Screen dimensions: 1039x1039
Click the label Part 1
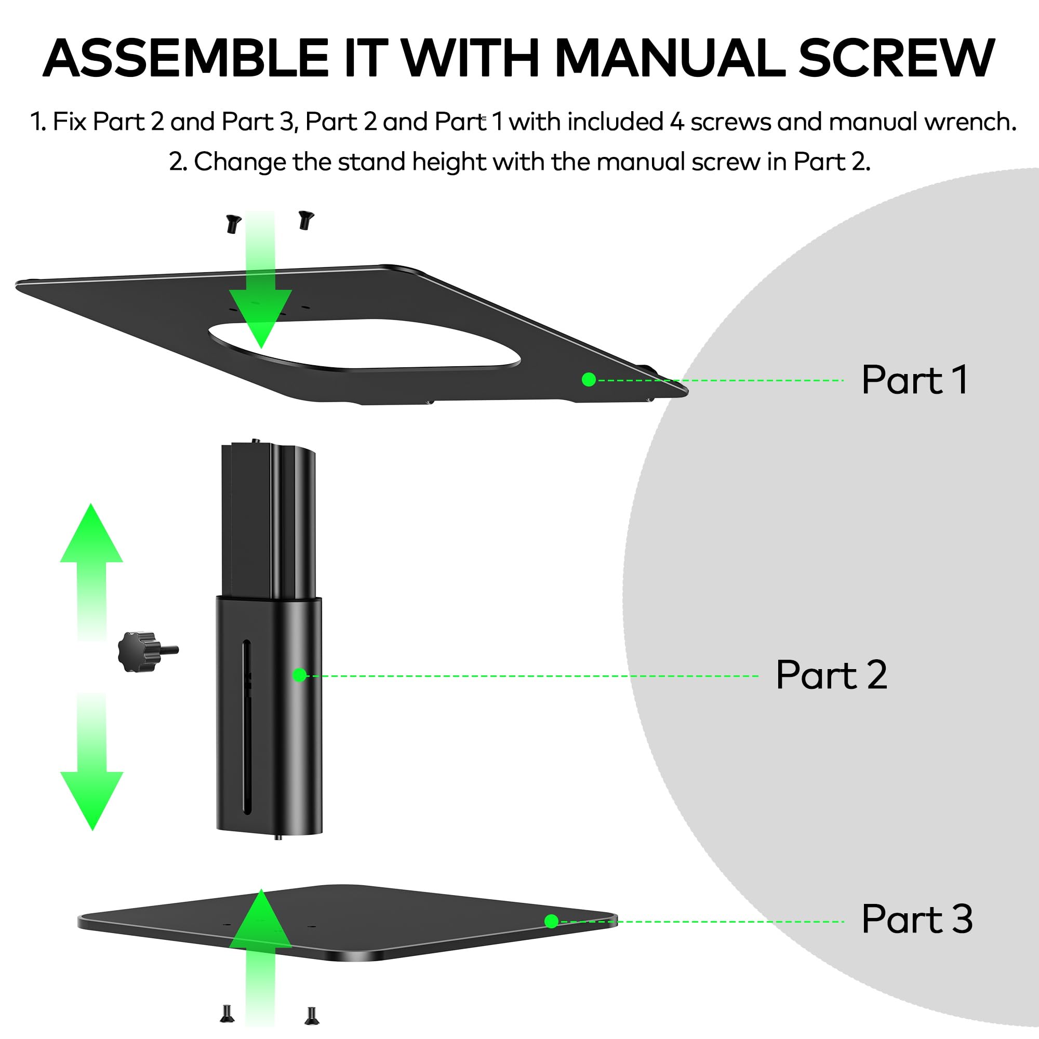click(915, 380)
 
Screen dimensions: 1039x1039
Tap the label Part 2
click(831, 674)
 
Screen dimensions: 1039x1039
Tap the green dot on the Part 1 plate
click(589, 380)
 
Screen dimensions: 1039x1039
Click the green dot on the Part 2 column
click(300, 675)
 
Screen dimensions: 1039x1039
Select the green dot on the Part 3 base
click(551, 921)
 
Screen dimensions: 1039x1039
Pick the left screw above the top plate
click(233, 223)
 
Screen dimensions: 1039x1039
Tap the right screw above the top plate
click(306, 219)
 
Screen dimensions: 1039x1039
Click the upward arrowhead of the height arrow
click(91, 533)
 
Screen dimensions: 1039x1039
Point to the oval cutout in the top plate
click(364, 345)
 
